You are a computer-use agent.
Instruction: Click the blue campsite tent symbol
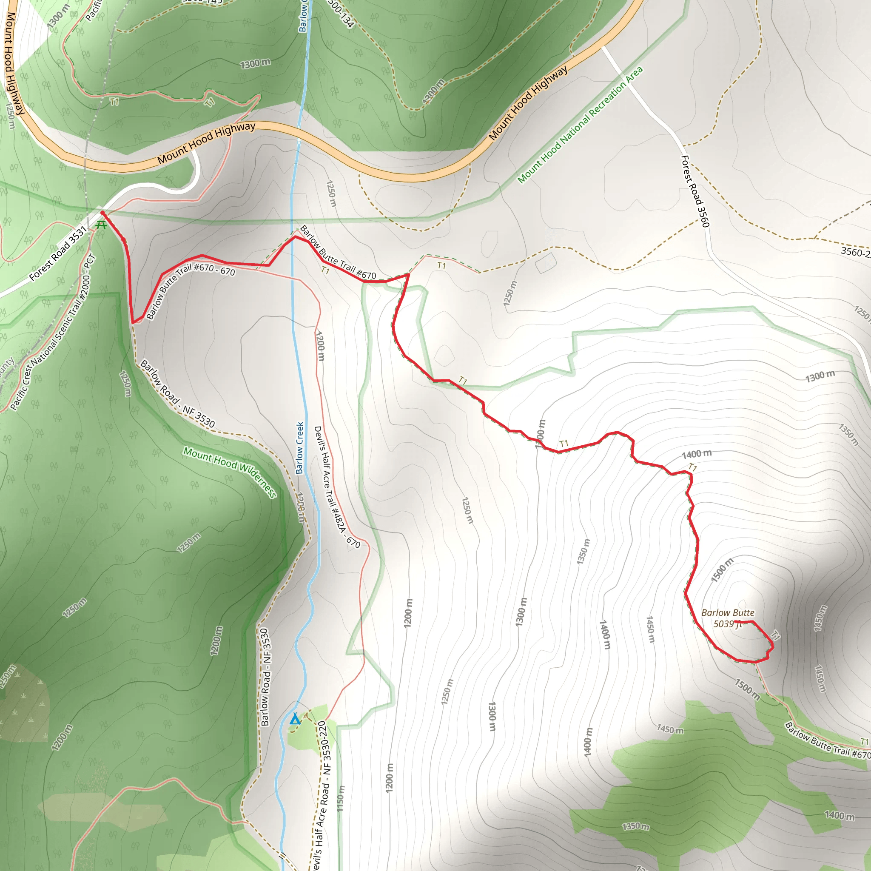pyautogui.click(x=295, y=719)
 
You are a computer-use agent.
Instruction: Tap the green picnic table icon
pyautogui.click(x=101, y=225)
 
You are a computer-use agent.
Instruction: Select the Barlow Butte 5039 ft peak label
pyautogui.click(x=728, y=618)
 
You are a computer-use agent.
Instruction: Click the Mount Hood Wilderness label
pyautogui.click(x=230, y=472)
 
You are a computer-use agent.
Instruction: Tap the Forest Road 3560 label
pyautogui.click(x=695, y=191)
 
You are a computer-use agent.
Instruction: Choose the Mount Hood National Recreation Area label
pyautogui.click(x=580, y=125)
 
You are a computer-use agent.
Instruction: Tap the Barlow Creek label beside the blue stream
pyautogui.click(x=300, y=448)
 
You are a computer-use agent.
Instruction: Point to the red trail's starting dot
pyautogui.click(x=102, y=212)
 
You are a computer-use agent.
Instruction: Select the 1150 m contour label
pyautogui.click(x=341, y=799)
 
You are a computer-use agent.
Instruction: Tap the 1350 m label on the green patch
pyautogui.click(x=636, y=826)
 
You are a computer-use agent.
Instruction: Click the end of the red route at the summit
pyautogui.click(x=735, y=622)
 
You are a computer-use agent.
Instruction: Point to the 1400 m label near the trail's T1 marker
pyautogui.click(x=697, y=454)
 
